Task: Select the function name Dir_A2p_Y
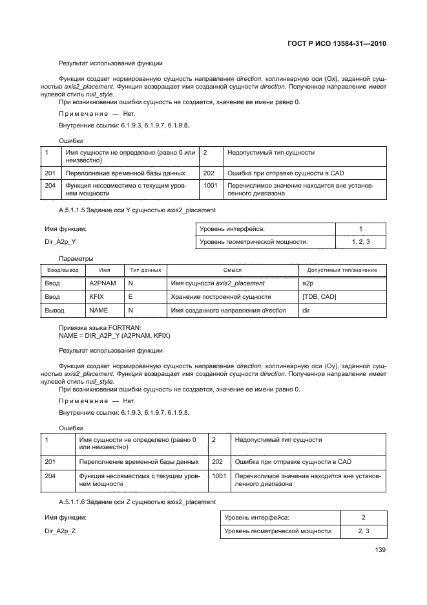coord(60,242)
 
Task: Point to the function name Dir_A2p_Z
coord(60,531)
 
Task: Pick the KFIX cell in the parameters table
coord(96,297)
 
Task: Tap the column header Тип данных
coord(145,270)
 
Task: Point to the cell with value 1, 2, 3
coord(360,242)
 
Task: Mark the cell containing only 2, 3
coord(364,531)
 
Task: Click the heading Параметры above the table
coord(76,258)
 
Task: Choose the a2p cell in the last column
coord(307,283)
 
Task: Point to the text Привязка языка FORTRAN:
coord(100,327)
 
